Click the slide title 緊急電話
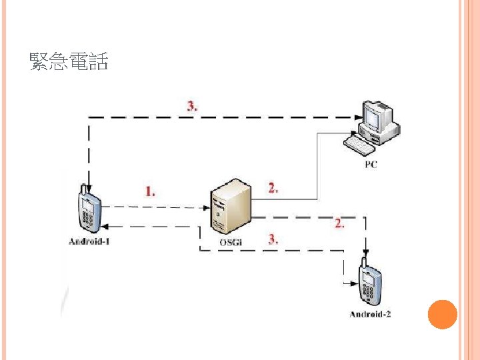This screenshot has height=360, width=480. tap(69, 63)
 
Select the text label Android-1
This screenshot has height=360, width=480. tap(89, 241)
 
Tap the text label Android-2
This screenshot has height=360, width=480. tap(370, 314)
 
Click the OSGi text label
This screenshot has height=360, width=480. tap(231, 242)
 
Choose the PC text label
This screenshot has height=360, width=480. tap(371, 164)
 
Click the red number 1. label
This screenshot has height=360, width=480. tap(151, 191)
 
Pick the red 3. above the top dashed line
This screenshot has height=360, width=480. tap(191, 105)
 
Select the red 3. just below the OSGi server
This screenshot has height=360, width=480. tap(273, 239)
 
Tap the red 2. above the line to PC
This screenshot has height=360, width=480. tap(273, 188)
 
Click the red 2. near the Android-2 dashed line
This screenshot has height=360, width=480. tap(339, 224)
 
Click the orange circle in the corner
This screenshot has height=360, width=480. tap(441, 314)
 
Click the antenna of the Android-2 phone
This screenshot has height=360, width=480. tap(364, 260)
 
